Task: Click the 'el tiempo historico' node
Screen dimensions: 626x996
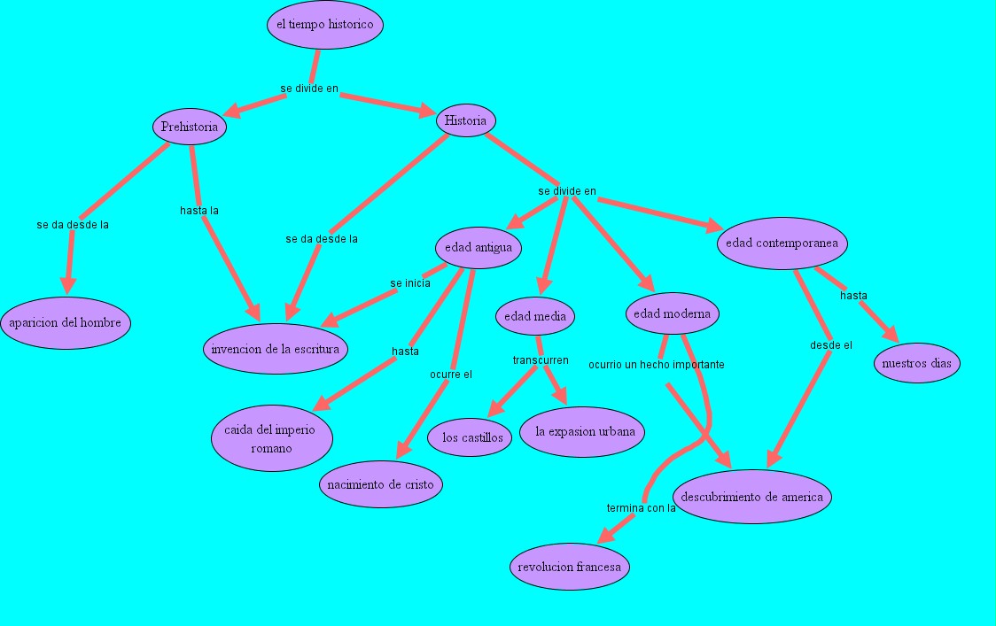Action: pos(325,25)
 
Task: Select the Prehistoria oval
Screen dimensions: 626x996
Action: pos(190,127)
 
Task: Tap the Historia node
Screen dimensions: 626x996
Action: pos(465,120)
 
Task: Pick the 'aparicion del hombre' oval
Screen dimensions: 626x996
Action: pos(66,322)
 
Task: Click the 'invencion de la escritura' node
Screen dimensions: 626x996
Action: pos(276,349)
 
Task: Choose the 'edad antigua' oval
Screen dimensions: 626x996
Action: pos(479,248)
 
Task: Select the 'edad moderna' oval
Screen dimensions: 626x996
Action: pos(673,313)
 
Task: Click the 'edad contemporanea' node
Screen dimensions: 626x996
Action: pos(782,243)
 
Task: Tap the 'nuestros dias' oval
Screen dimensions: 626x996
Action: pos(917,363)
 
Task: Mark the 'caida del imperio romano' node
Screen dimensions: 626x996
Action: pos(272,438)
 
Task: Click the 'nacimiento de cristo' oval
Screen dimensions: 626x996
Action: pos(381,484)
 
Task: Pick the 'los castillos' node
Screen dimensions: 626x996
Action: pos(472,437)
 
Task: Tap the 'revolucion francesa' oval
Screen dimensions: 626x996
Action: pos(571,567)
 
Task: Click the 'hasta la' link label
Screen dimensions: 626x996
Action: pos(199,211)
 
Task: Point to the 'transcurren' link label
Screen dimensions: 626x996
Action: pos(541,360)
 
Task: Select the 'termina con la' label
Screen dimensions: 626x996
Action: pos(642,508)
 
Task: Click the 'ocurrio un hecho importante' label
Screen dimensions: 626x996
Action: pos(657,364)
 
